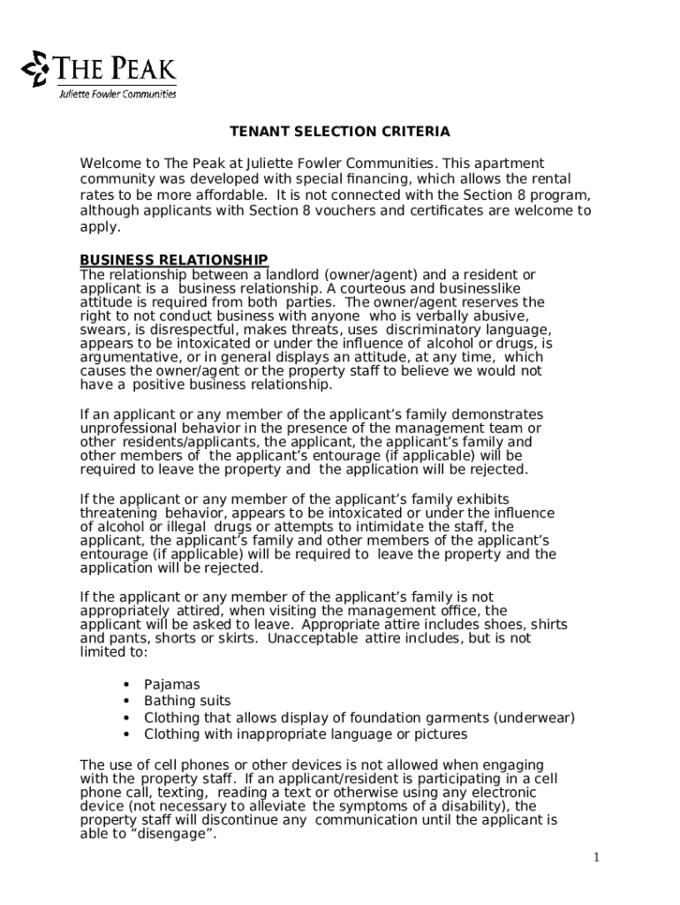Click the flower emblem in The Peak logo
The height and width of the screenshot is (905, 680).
click(x=35, y=69)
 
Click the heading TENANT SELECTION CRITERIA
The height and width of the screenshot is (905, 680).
click(x=340, y=132)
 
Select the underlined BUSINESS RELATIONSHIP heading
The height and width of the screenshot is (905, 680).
click(x=174, y=260)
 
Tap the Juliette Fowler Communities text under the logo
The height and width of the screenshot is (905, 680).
click(x=117, y=95)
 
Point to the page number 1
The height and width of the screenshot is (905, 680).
click(x=597, y=857)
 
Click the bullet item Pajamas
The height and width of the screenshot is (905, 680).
click(x=172, y=684)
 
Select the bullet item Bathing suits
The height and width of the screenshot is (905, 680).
click(x=187, y=701)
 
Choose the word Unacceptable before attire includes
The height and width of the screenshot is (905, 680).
click(x=312, y=638)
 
